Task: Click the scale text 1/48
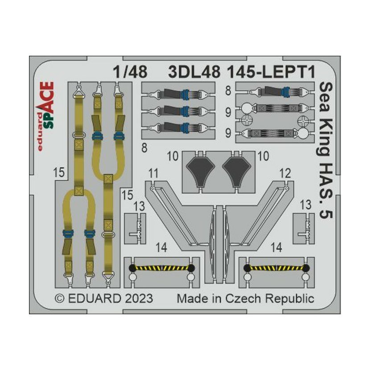130,72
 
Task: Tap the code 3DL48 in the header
194,72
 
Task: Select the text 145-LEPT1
271,72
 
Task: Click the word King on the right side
325,137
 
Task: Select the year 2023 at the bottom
139,299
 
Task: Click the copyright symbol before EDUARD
59,299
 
